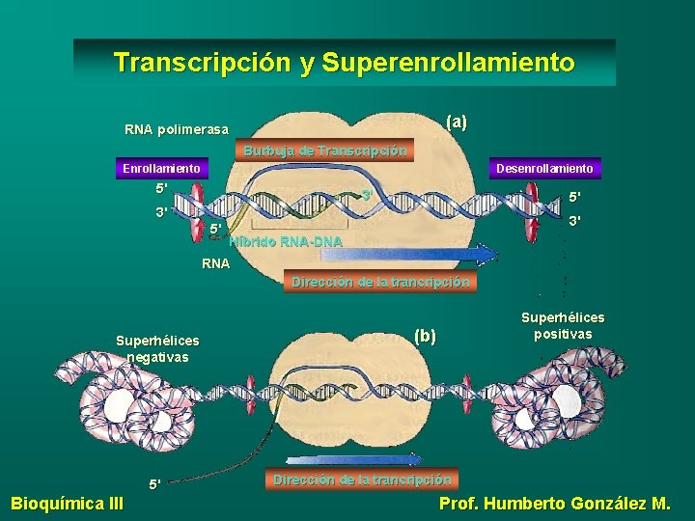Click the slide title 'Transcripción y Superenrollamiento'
point(344,63)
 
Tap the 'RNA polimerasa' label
point(177,129)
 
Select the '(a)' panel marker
point(456,123)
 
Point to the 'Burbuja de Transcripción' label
point(325,151)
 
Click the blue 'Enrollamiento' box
point(162,169)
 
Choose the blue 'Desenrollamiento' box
point(545,169)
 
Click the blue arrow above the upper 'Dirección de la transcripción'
point(405,255)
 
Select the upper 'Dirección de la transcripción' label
point(381,282)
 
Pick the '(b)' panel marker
point(425,336)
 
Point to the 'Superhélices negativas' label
point(157,348)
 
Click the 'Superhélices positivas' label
point(563,324)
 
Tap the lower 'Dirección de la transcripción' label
point(361,479)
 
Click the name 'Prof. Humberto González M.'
point(554,503)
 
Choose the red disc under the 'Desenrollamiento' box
point(533,206)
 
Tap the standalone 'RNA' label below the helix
point(215,262)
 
